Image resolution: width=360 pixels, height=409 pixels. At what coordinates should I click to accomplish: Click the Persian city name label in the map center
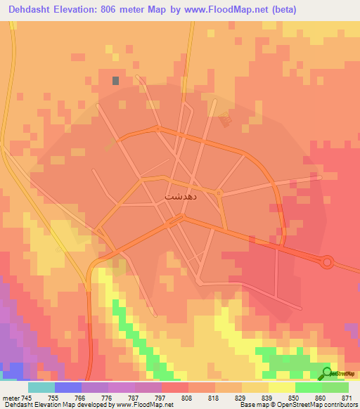pos(176,197)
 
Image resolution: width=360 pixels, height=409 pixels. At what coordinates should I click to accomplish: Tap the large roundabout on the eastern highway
pos(327,262)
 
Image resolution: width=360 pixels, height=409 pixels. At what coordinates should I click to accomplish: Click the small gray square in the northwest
pos(115,80)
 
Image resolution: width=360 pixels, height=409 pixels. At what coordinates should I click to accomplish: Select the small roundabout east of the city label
pos(219,192)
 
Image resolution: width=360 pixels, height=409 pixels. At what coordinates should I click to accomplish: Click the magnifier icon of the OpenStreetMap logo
pos(327,372)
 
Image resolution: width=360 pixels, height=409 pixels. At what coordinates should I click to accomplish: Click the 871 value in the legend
pos(347,398)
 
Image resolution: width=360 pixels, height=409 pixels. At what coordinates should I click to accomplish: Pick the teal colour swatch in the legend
pos(41,387)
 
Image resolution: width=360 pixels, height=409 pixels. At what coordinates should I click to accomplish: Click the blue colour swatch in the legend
pos(68,387)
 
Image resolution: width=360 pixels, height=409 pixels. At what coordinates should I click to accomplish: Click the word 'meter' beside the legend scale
pos(9,398)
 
